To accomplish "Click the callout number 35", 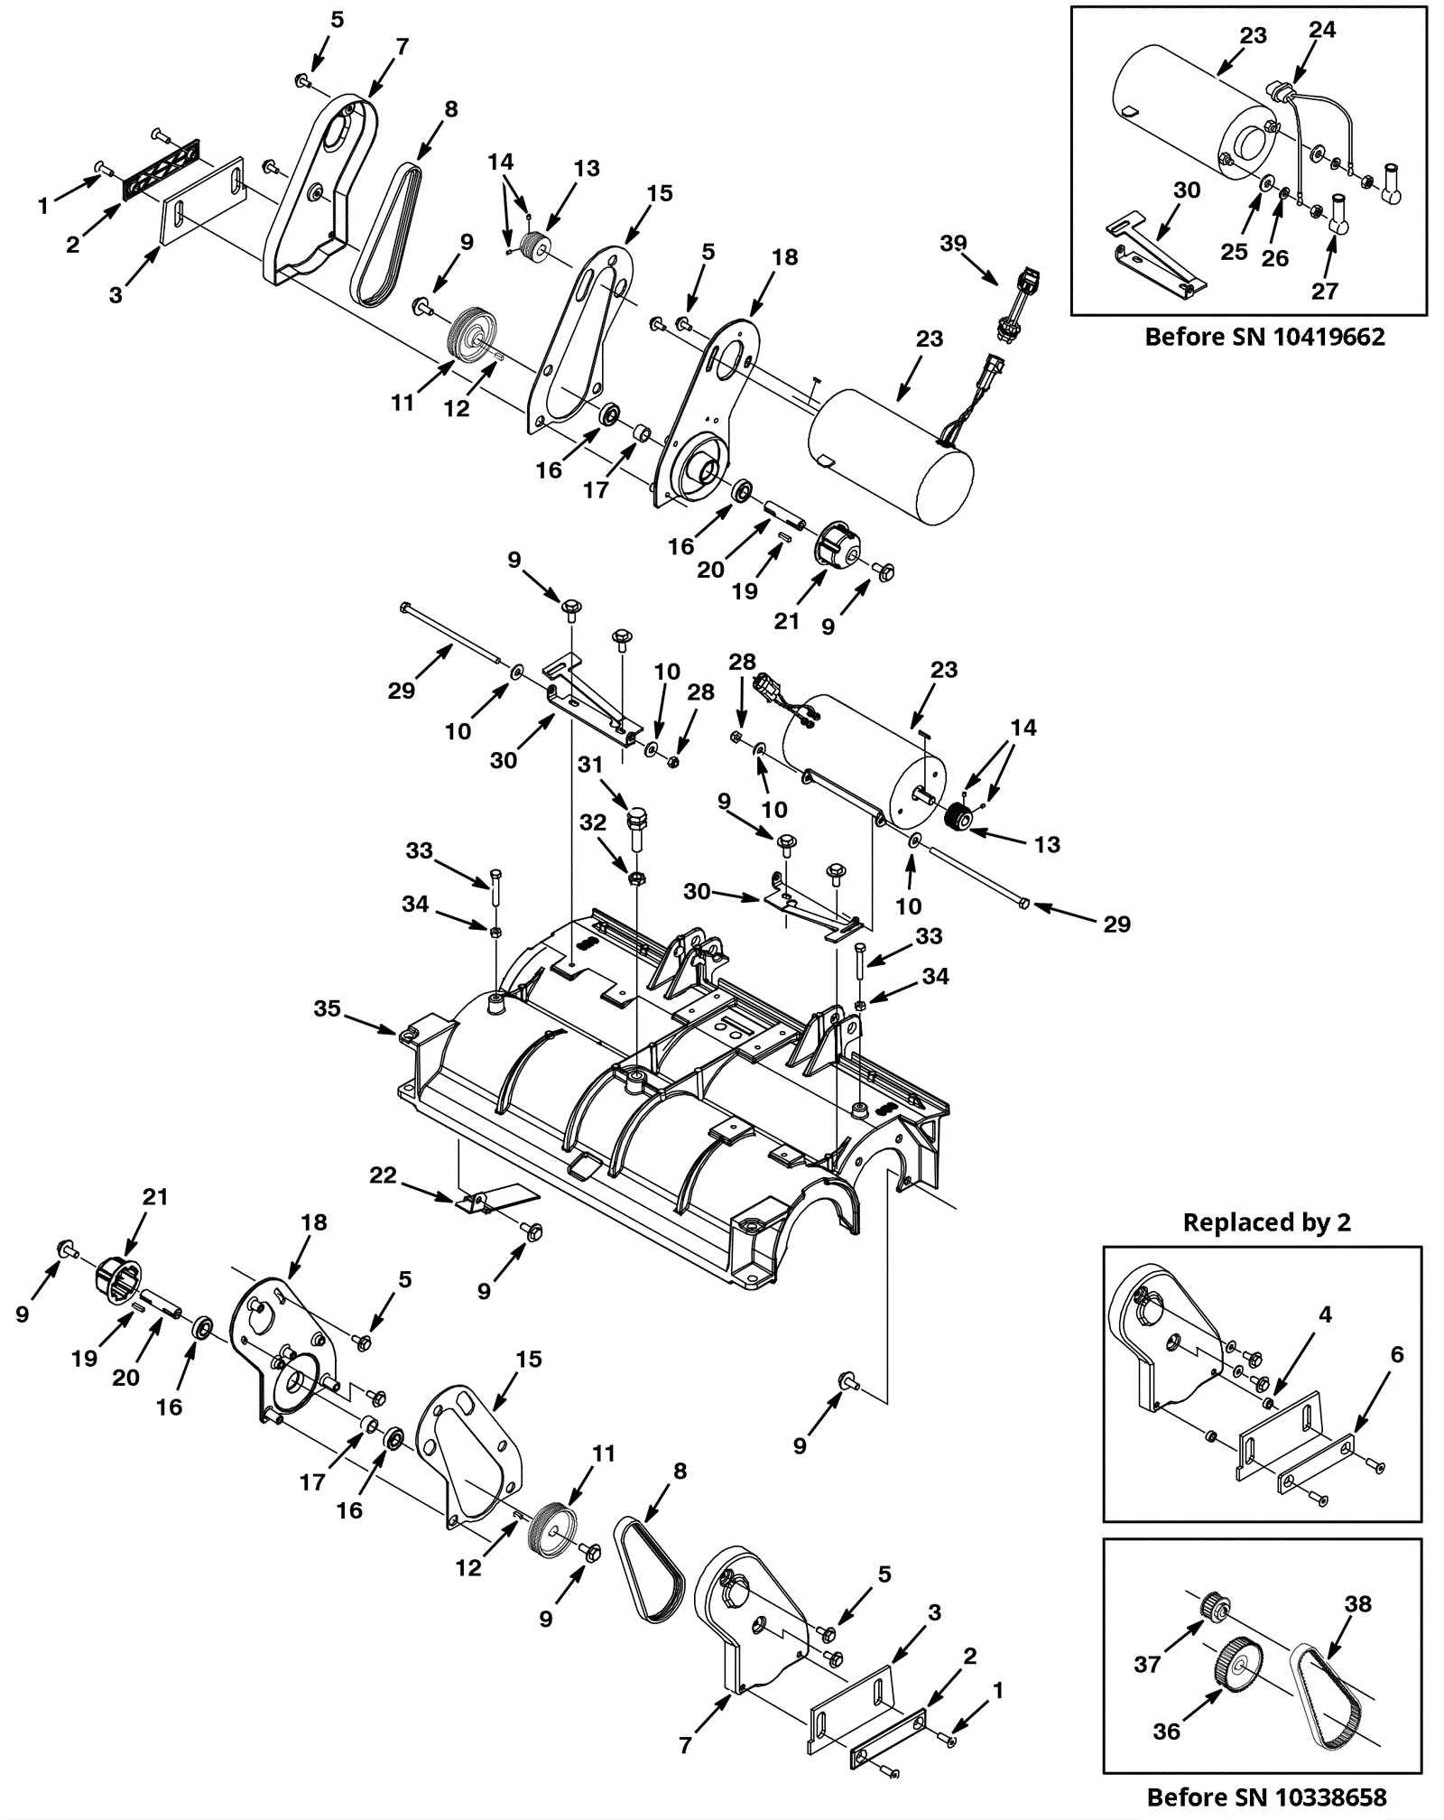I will pos(327,1008).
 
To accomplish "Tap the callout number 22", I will pos(383,1175).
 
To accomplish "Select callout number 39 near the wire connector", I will pos(953,243).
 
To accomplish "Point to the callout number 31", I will pos(590,765).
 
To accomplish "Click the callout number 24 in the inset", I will pos(1322,30).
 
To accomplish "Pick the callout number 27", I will pos(1325,291).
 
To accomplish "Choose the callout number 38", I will pos(1357,1603).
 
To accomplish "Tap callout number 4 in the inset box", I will pos(1325,1314).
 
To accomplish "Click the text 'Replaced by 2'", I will pos(1266,1222).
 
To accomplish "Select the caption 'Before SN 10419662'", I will pos(1264,337).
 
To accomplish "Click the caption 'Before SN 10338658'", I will pos(1266,1797).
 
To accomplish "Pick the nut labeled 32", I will pos(636,877).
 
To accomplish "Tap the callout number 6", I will pos(1397,1354).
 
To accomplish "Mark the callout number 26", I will pos(1274,258).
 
